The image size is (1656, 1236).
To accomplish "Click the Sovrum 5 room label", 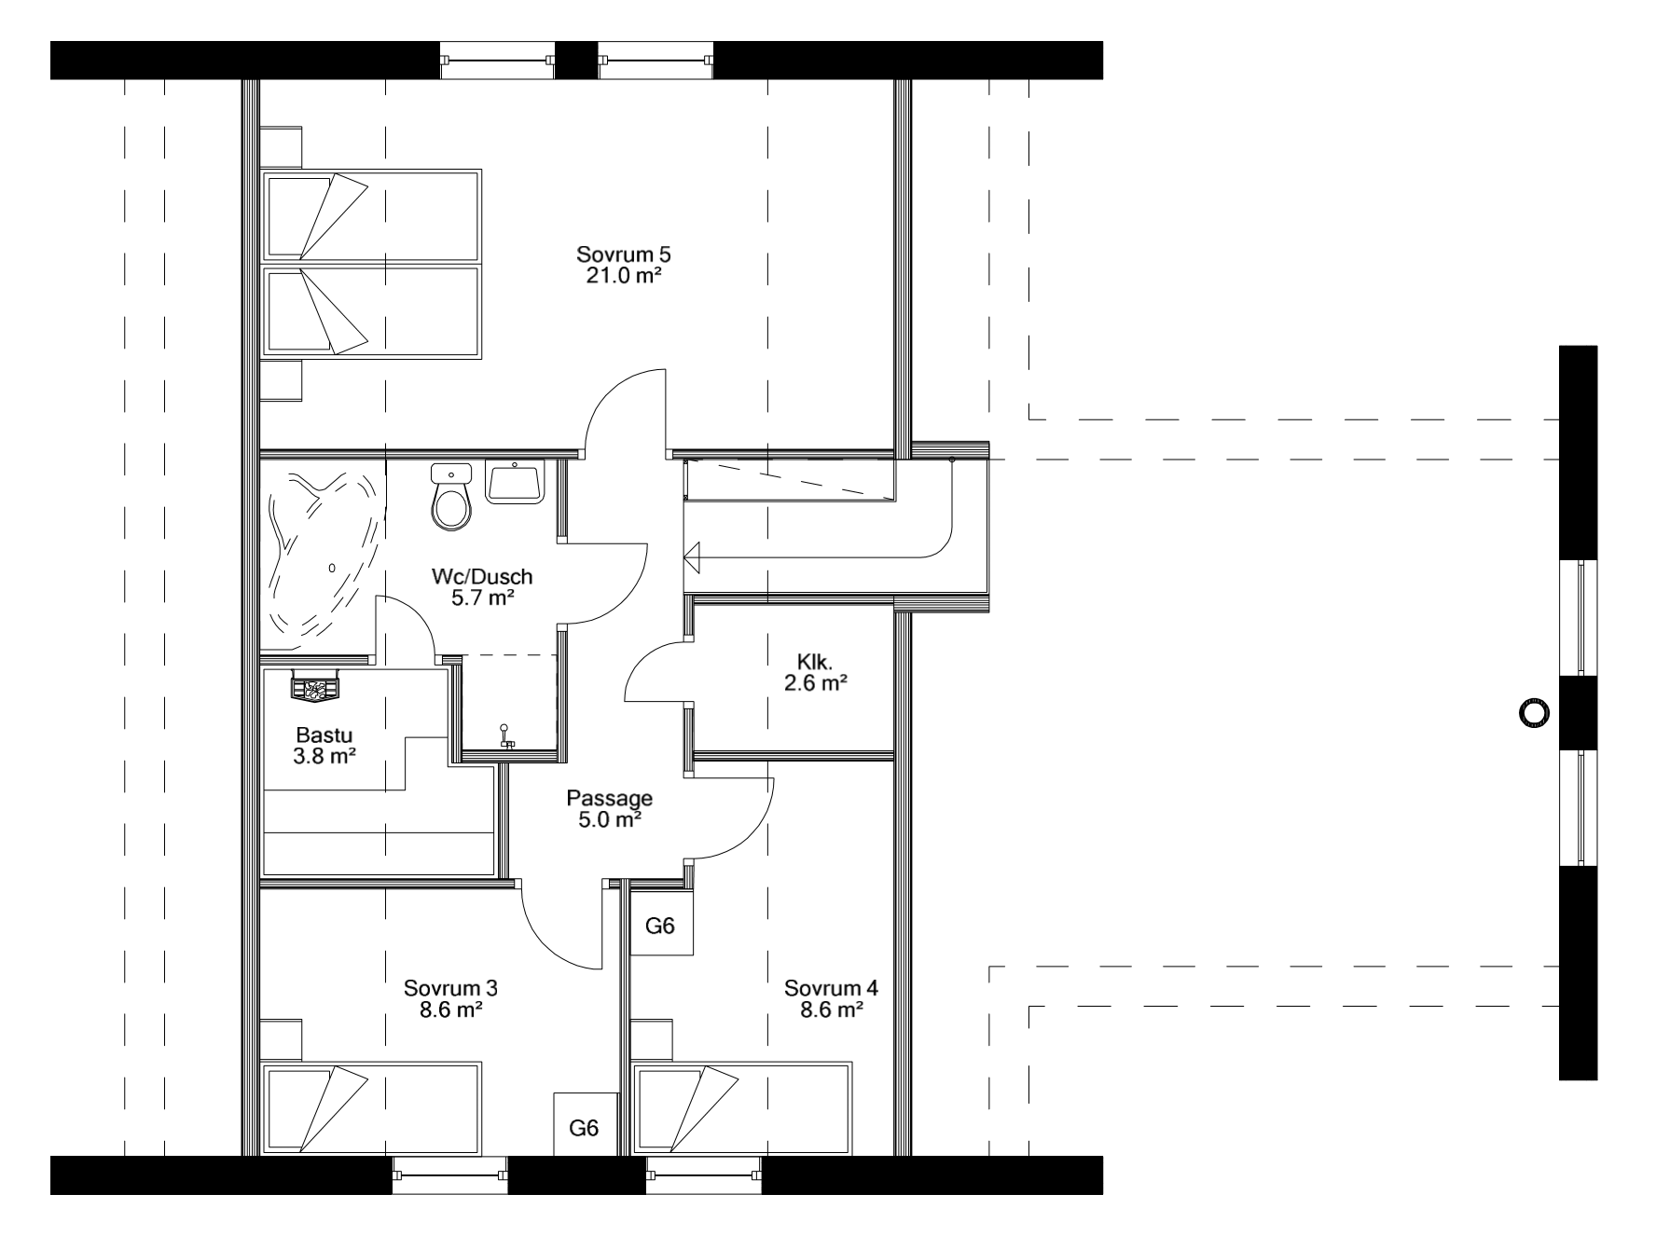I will pos(624,254).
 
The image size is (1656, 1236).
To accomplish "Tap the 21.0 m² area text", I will pos(624,275).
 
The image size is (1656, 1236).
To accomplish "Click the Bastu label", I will pos(316,735).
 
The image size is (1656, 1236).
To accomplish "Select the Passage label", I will pos(610,799).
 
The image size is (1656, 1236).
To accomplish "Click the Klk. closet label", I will pos(815,662).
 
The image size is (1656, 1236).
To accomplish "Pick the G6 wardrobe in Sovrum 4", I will pos(661,926).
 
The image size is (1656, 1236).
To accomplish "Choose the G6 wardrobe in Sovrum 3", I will pos(585,1128).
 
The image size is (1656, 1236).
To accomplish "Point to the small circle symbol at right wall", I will pos(1532,714).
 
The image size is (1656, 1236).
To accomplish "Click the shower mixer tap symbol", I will pos(505,737).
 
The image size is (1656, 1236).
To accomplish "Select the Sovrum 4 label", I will pos(831,988).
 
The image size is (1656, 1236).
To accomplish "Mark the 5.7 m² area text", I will pos(483,597).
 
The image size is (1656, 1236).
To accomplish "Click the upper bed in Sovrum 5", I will pos(371,213).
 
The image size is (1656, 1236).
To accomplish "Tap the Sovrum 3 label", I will pos(450,988).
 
